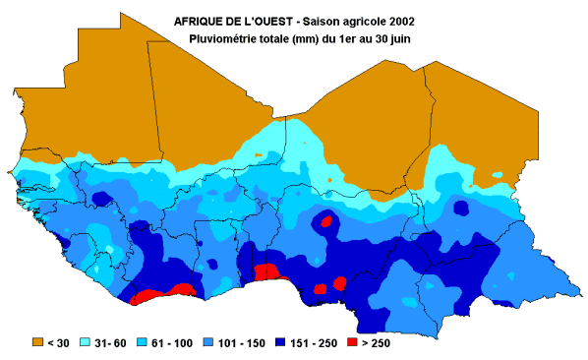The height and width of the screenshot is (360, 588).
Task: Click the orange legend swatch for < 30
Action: (38, 341)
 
